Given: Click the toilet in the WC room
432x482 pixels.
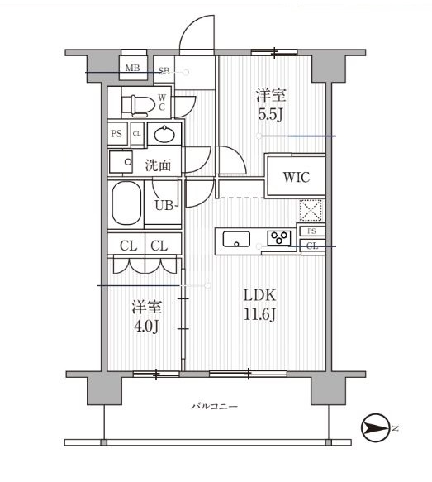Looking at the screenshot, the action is click(x=138, y=106).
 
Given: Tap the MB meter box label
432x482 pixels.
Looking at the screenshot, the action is click(x=133, y=68).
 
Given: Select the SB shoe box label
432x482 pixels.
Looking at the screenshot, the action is click(x=164, y=71).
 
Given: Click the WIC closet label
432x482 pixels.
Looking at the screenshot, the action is click(x=297, y=177).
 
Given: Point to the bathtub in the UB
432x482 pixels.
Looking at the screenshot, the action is click(x=127, y=203).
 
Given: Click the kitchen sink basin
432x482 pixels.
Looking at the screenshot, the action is click(x=236, y=239).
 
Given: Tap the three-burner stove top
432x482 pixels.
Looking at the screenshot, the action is click(x=279, y=238).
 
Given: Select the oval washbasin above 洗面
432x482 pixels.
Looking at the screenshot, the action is click(x=164, y=134).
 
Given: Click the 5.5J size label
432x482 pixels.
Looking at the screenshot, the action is click(x=270, y=115).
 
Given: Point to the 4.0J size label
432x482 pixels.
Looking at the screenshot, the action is click(x=146, y=327).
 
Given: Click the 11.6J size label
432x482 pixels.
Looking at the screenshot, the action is click(x=259, y=314).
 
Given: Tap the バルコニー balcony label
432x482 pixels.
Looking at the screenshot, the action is click(x=215, y=407).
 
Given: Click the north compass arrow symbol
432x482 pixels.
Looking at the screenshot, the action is click(x=374, y=427).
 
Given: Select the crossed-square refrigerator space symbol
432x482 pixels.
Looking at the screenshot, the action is click(x=311, y=210).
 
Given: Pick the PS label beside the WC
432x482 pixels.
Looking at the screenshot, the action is click(x=116, y=134).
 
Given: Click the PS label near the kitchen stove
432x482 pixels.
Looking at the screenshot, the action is click(x=311, y=231).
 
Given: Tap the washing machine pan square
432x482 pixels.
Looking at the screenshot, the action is click(x=121, y=162).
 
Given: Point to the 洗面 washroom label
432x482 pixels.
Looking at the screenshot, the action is click(x=158, y=165).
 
